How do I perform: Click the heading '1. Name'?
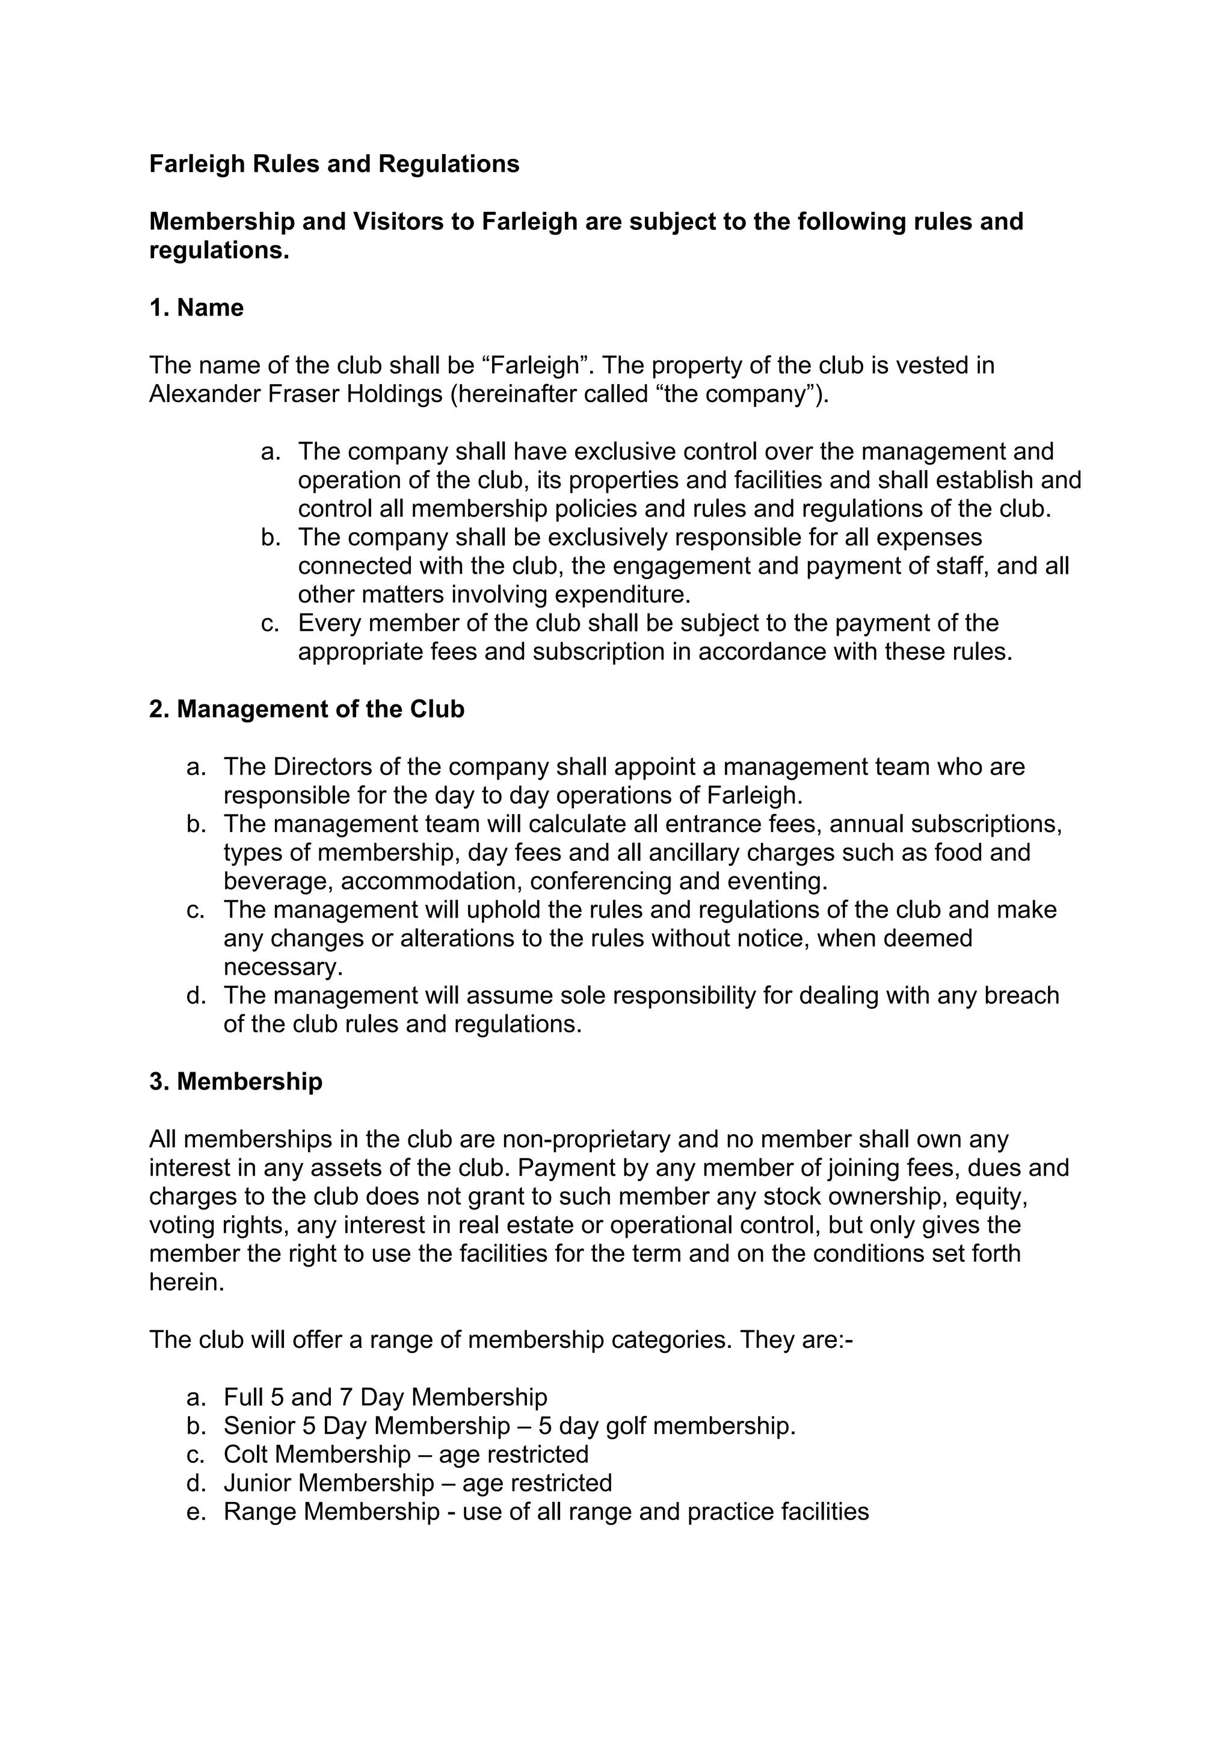click(x=196, y=308)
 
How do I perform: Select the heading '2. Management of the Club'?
click(x=306, y=709)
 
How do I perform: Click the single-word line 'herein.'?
click(x=186, y=1282)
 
